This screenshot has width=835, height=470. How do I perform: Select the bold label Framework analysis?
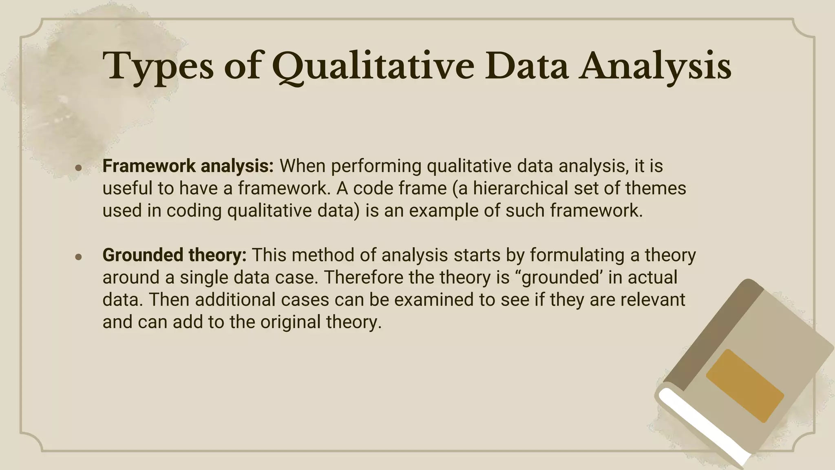tap(188, 166)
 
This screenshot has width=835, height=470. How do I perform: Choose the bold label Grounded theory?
tap(175, 255)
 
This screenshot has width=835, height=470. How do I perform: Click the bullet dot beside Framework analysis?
tap(79, 168)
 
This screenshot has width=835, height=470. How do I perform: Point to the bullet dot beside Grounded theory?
tap(79, 257)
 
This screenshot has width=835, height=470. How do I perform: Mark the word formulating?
tap(577, 255)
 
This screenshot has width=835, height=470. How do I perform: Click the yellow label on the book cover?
tap(745, 385)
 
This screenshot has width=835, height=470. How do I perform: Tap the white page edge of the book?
tap(705, 424)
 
